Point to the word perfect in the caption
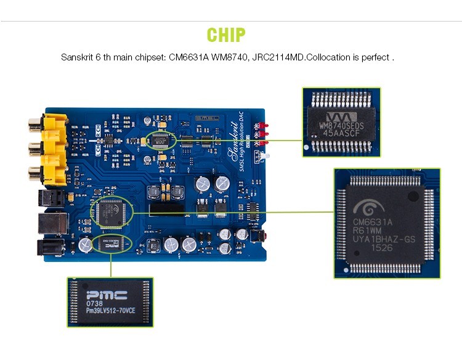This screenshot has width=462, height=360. click(x=376, y=57)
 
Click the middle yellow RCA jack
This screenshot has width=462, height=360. click(x=49, y=148)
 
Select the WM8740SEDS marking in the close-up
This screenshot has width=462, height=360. click(x=341, y=126)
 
